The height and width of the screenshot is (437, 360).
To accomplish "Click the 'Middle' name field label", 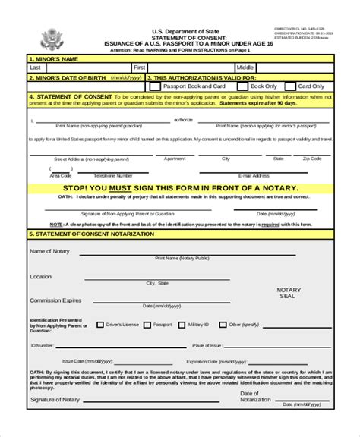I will click(x=246, y=67).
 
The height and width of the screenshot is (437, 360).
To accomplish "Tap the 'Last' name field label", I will click(x=35, y=67).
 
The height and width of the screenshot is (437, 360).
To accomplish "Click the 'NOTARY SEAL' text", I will click(x=289, y=294).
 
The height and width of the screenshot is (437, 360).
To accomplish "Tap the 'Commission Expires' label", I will click(x=56, y=300).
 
